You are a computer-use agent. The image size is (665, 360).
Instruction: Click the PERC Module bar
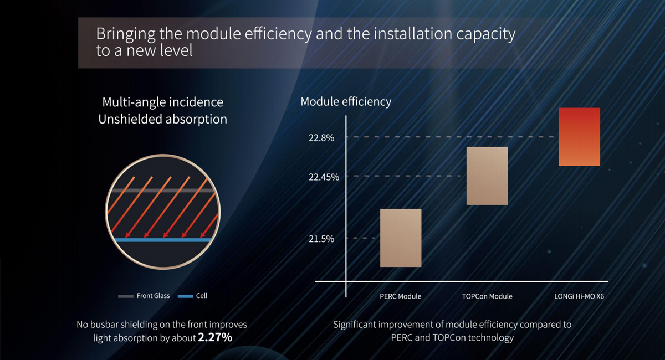(x=401, y=238)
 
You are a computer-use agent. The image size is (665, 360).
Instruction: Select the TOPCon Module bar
(x=487, y=176)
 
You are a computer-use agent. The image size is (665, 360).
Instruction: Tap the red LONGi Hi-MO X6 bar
(x=579, y=136)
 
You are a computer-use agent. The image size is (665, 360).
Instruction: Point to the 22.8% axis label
(x=321, y=138)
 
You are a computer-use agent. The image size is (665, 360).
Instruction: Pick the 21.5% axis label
(x=321, y=239)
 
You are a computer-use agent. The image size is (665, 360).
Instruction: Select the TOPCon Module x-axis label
(x=487, y=296)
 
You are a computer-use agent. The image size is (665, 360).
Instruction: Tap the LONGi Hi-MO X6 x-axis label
(x=579, y=296)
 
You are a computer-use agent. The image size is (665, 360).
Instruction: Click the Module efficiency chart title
(x=346, y=101)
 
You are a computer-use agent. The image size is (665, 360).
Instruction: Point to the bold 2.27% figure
(x=215, y=337)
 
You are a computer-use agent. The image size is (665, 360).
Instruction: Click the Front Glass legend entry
(x=144, y=296)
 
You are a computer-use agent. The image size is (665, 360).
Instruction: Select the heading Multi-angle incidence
(x=163, y=102)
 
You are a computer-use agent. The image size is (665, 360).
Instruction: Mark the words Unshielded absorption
(x=163, y=119)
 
